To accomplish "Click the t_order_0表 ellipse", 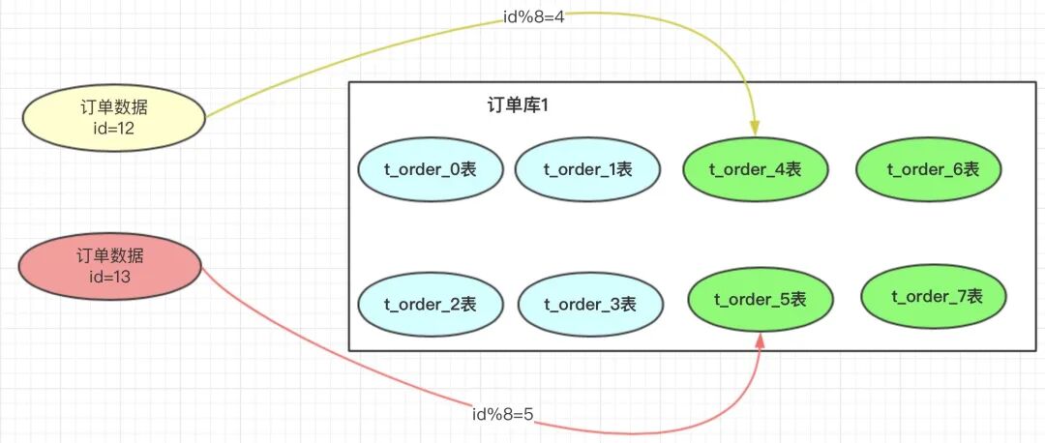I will (x=431, y=170).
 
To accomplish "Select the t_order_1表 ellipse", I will (x=587, y=170).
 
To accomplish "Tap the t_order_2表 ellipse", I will (x=431, y=305).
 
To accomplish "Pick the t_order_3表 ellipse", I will (x=590, y=305).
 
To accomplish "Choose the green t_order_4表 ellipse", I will (x=755, y=169).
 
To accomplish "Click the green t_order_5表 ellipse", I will (x=760, y=300).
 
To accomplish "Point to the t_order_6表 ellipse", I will (x=928, y=169).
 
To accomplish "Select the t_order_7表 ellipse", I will (x=933, y=296).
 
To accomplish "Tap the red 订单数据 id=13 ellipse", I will (x=110, y=266).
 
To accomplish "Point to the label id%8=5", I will (x=502, y=415).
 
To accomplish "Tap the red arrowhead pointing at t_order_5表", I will (x=760, y=339).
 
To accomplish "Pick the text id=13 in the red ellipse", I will (x=110, y=277).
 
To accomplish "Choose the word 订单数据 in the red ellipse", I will (x=110, y=256).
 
